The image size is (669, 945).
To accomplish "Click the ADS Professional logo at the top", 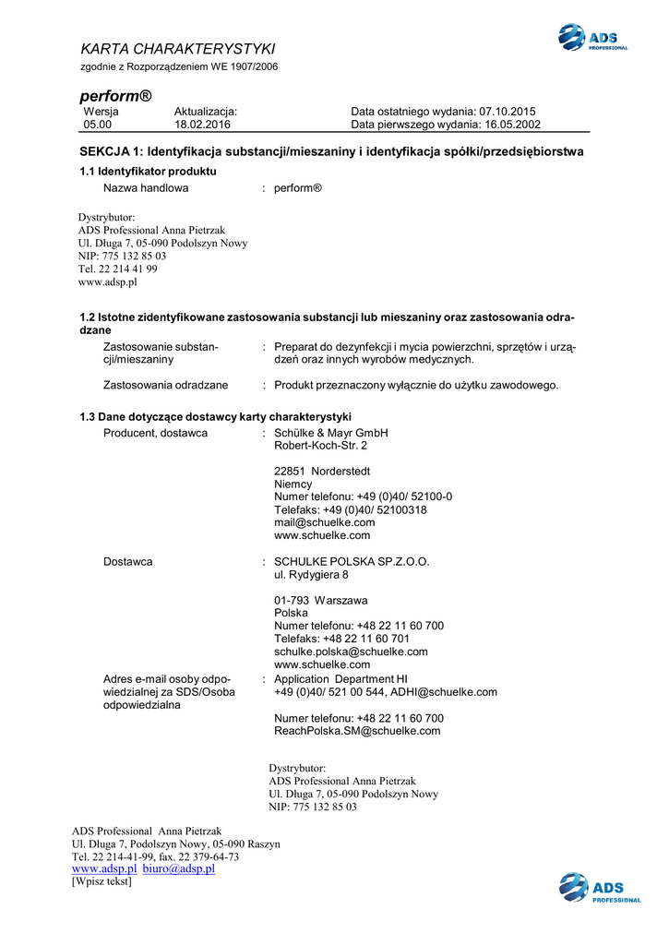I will pos(592,38).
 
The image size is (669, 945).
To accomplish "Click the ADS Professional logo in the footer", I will pos(599,889).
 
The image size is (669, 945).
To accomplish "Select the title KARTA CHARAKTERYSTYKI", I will pos(178,49).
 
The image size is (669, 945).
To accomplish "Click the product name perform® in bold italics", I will pos(115,96).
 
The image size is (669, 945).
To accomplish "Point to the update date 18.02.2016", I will pos(202,125).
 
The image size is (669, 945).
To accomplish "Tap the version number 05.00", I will pos(98,125).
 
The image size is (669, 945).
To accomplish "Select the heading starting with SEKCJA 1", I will pos(332,151).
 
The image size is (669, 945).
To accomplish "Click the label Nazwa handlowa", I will pos(146,188).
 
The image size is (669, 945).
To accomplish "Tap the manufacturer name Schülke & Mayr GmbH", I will pos(331,433).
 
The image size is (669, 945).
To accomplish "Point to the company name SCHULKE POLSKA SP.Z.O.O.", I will pos(352,561).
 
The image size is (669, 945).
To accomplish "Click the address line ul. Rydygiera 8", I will pos(311,575).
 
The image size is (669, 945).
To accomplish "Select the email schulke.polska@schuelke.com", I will pos(351,652).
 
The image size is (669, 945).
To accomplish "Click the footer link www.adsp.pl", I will pos(104,869).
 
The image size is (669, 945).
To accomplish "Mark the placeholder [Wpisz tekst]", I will pos(102,882).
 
